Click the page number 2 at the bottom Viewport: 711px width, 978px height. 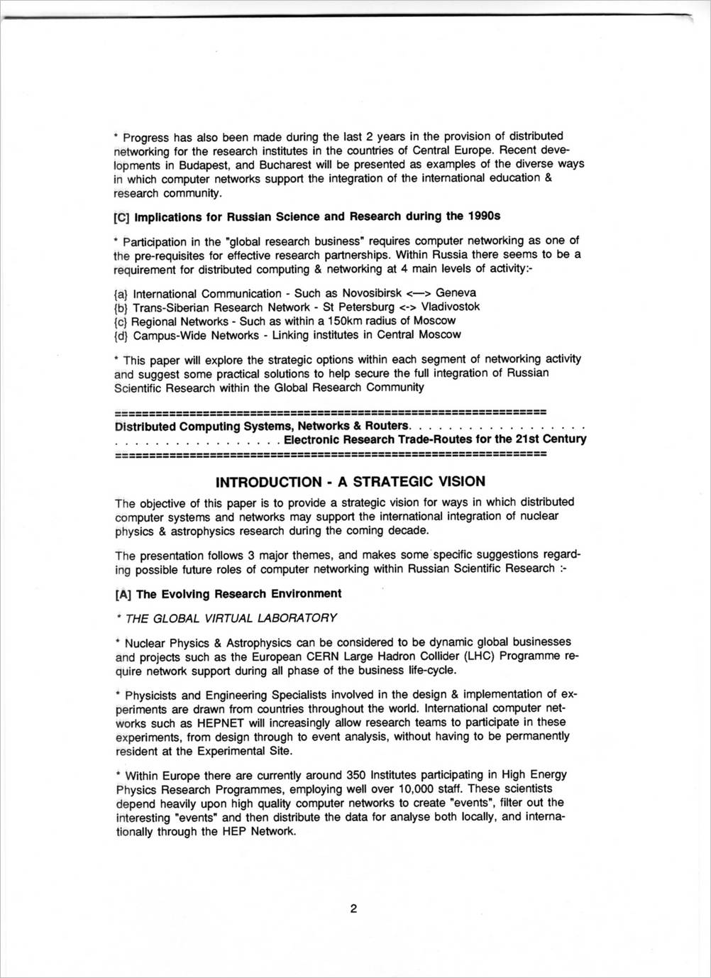(x=353, y=909)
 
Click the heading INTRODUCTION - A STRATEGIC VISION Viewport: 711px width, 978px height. (x=351, y=482)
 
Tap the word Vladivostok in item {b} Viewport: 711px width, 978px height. (x=450, y=307)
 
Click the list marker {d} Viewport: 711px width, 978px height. (x=121, y=335)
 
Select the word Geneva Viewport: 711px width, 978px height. (x=456, y=293)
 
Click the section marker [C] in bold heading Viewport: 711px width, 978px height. (x=122, y=216)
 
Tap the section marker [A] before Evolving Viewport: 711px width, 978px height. (x=123, y=595)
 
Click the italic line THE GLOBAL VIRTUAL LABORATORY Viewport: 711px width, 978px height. (x=231, y=618)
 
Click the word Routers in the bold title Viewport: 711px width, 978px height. (x=387, y=426)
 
